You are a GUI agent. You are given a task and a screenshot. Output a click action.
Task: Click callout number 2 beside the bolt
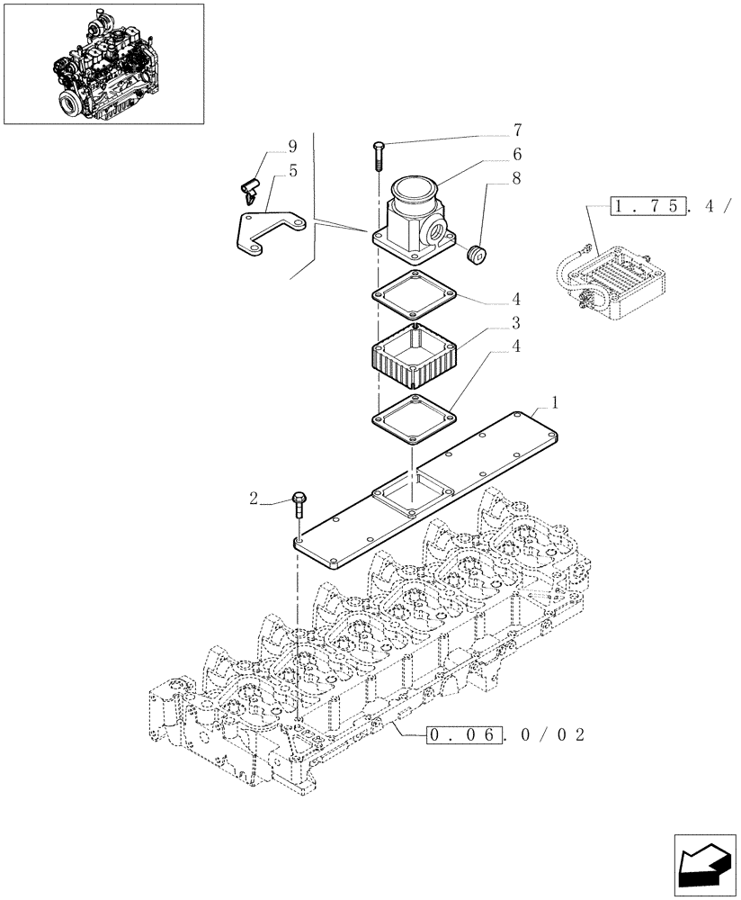(254, 497)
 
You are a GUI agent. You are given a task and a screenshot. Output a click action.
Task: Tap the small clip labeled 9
(252, 188)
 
